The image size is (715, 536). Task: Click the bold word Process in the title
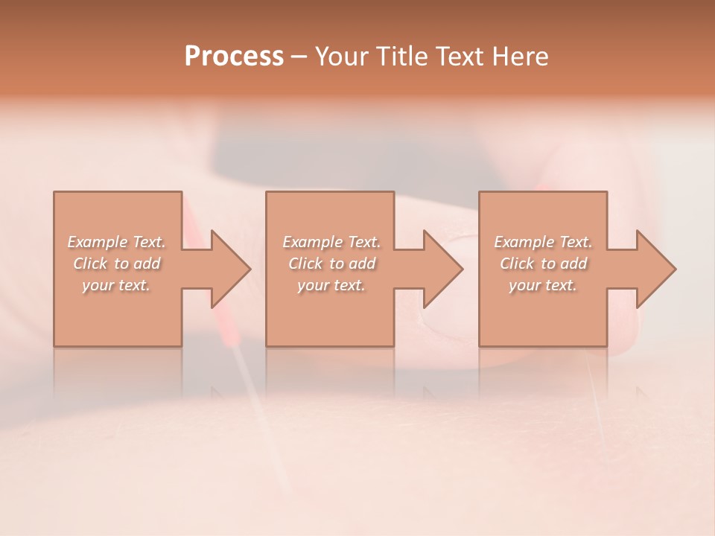(234, 57)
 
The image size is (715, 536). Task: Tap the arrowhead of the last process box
(655, 269)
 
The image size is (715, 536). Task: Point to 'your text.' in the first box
(116, 285)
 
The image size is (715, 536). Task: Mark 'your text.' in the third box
(543, 285)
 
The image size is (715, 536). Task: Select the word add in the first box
(147, 264)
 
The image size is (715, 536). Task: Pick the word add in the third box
(574, 264)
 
